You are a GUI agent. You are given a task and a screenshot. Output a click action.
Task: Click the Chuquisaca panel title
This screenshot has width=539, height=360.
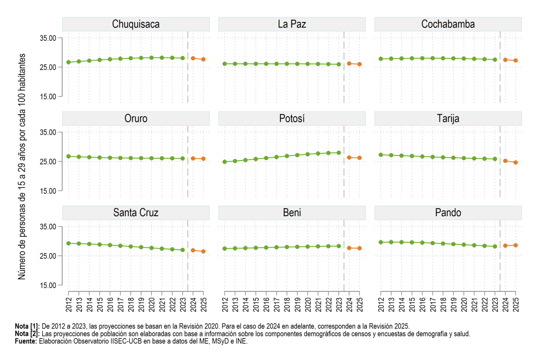click(136, 24)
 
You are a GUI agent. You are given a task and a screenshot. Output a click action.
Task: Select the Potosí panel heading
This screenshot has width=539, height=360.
click(292, 118)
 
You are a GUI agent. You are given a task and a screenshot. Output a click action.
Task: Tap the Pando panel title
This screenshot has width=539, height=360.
click(448, 213)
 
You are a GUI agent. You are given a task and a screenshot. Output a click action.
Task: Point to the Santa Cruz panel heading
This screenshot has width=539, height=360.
click(136, 213)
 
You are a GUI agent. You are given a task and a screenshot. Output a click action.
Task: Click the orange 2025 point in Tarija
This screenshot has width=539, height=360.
click(516, 163)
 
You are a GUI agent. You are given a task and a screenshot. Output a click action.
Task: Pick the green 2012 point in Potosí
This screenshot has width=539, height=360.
click(225, 162)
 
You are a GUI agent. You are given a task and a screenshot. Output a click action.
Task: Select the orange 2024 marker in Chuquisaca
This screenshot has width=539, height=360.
click(193, 58)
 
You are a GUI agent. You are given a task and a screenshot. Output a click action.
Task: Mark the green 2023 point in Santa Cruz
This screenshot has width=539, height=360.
click(183, 250)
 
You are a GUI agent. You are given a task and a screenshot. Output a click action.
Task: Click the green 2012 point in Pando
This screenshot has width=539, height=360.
click(381, 242)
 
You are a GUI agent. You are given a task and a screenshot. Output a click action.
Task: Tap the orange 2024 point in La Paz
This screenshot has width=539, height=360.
click(349, 63)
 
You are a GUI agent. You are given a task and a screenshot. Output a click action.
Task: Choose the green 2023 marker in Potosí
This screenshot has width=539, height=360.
click(339, 153)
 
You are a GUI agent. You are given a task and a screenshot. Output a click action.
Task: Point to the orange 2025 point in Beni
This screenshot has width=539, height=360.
click(359, 248)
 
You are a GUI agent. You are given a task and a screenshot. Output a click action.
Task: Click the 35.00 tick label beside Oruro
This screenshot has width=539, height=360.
click(48, 132)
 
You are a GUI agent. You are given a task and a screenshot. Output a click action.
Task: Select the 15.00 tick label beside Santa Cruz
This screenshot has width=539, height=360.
click(48, 285)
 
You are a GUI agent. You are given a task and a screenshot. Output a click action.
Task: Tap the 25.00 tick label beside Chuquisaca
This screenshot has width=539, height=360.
click(48, 67)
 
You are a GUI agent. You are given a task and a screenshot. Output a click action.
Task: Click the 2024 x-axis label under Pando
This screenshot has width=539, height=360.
click(506, 305)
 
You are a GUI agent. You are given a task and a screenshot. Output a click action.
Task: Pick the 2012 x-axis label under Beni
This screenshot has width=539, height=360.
click(225, 305)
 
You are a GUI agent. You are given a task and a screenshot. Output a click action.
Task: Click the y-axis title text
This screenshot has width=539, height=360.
click(22, 166)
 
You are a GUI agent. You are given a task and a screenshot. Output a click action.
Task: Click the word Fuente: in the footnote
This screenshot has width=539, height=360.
click(26, 341)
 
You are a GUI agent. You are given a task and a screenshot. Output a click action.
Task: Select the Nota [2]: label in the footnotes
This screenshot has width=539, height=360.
click(27, 334)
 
